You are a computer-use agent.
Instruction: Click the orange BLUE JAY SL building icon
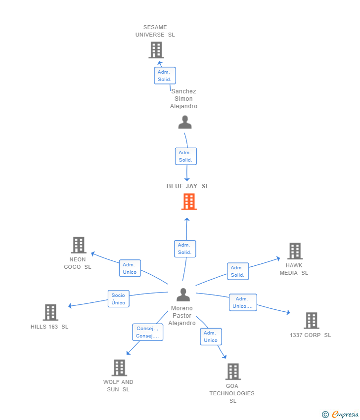click(189, 202)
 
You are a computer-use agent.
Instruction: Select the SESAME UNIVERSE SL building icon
click(156, 50)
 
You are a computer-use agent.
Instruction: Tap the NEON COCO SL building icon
click(78, 245)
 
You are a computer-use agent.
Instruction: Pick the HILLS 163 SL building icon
click(50, 312)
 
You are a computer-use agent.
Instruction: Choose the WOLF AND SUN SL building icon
click(119, 368)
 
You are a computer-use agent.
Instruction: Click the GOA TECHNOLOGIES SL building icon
click(232, 372)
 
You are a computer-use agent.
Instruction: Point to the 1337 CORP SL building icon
click(311, 321)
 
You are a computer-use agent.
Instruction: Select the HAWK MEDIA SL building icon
click(295, 251)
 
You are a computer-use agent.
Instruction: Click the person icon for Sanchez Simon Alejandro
click(185, 122)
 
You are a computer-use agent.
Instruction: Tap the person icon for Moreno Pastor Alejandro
click(183, 295)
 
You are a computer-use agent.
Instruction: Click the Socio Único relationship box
click(118, 299)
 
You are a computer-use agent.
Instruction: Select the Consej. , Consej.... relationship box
click(147, 332)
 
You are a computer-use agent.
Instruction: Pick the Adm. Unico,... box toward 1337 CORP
click(243, 302)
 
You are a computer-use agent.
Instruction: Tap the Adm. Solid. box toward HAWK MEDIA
click(237, 271)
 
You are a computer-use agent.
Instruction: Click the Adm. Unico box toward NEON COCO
click(130, 268)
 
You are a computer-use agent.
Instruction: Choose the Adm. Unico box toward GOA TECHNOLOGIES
click(211, 336)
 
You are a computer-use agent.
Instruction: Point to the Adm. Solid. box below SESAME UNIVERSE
click(164, 76)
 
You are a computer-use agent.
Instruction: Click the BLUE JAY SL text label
click(187, 186)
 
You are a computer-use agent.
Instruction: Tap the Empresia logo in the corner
click(340, 415)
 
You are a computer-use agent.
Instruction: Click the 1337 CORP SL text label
click(311, 335)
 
